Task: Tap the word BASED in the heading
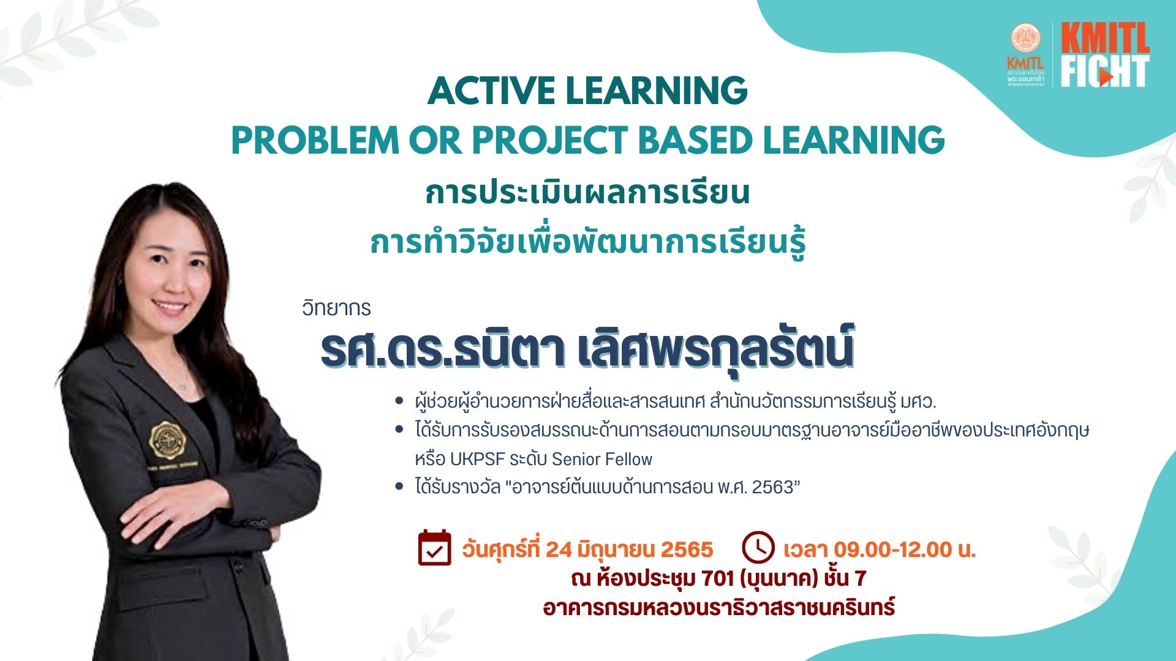pyautogui.click(x=695, y=140)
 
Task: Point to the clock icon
pyautogui.click(x=758, y=547)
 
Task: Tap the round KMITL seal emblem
pyautogui.click(x=1025, y=39)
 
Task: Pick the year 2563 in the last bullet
pyautogui.click(x=775, y=487)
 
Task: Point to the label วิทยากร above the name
pyautogui.click(x=336, y=307)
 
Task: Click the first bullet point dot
pyautogui.click(x=399, y=401)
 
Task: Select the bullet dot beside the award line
pyautogui.click(x=399, y=487)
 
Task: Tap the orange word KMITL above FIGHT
pyautogui.click(x=1105, y=39)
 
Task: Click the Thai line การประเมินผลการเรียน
pyautogui.click(x=587, y=192)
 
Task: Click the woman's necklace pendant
pyautogui.click(x=183, y=387)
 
